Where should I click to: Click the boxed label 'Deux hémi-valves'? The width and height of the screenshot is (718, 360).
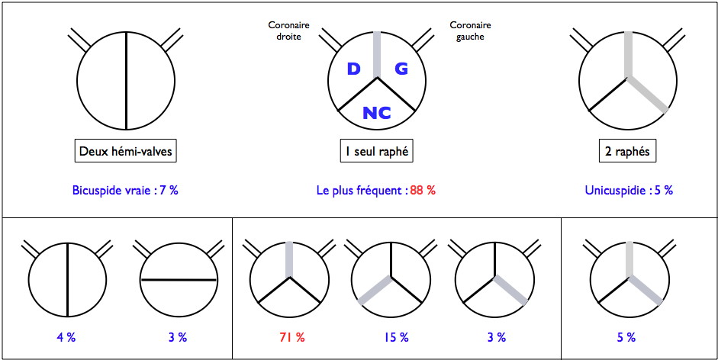coord(125,152)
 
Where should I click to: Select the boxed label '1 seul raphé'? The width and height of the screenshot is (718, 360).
coord(377,152)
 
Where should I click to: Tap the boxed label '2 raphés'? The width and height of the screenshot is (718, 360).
coord(627,152)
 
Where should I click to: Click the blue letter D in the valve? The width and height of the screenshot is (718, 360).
coord(353,69)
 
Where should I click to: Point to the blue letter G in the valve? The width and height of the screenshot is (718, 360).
coord(401,69)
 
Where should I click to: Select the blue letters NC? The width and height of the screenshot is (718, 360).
coord(377,113)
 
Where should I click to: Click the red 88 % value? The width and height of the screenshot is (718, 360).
coord(423,191)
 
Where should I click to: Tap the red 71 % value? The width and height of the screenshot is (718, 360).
coord(291,338)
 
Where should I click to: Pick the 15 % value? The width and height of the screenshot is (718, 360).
coord(396,338)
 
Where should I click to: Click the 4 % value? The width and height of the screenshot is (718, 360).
coord(66,338)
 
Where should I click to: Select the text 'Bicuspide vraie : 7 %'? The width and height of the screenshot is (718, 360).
coord(125,191)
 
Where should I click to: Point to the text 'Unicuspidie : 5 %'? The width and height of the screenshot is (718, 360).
coord(629,191)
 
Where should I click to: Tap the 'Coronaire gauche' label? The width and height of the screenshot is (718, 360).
coord(470,31)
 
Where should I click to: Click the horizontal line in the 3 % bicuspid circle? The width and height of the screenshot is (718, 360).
coord(179,279)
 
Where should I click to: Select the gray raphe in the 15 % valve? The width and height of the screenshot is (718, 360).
coord(375,290)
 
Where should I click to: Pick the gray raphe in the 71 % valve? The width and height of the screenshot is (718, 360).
coord(289,259)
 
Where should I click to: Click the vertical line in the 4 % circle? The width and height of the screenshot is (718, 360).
coord(68,278)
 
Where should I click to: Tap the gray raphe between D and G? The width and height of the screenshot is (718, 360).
coord(377,55)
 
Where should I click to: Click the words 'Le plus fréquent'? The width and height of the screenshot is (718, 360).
coord(361,191)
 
